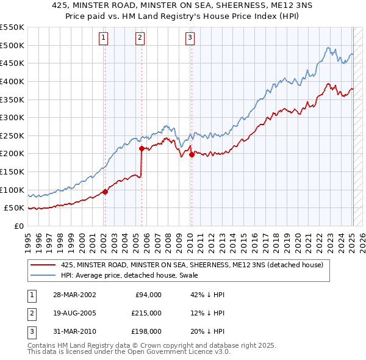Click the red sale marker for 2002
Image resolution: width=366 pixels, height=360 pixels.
point(105,192)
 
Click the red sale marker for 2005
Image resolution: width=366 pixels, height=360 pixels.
point(142,148)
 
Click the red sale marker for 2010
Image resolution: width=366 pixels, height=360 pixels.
point(192,154)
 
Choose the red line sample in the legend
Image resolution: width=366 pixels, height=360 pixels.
point(43,265)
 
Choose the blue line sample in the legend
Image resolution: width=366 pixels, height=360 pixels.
point(43,275)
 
